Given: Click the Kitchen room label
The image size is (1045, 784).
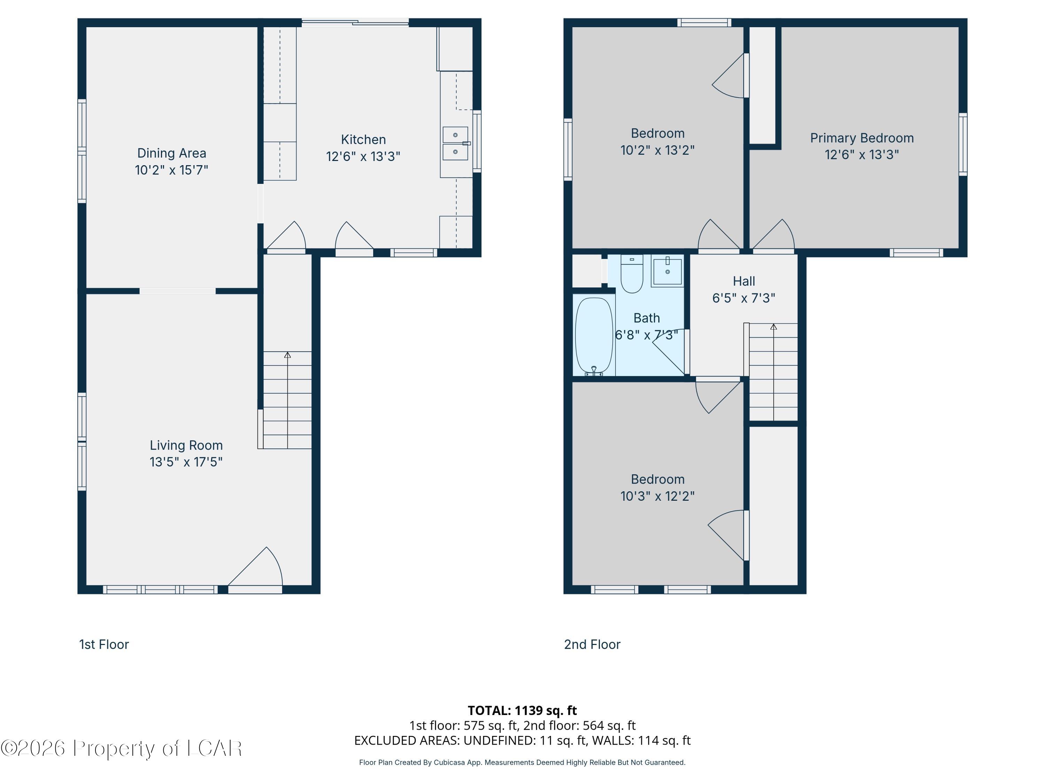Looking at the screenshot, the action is point(363,140).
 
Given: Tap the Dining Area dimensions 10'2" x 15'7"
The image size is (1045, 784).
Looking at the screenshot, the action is point(171,170).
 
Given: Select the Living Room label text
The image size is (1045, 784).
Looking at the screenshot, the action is point(186,445).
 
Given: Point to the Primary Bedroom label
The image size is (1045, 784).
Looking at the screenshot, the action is point(862,138).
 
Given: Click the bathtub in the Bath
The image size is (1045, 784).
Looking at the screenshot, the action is point(594,336).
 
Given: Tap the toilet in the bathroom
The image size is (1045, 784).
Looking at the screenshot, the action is point(632,274).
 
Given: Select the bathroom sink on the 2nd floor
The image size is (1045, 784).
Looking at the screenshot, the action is point(667,270).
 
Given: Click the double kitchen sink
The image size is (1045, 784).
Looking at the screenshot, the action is point(455,143).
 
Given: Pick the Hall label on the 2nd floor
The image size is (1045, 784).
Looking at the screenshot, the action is point(744,281).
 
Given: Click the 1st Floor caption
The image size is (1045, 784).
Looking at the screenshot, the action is point(104,645).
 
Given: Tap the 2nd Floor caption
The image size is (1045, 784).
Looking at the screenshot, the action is point(592,645).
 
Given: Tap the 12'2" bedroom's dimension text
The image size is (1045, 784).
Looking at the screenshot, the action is point(657,496).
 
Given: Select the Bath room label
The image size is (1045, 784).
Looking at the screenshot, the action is point(646,318).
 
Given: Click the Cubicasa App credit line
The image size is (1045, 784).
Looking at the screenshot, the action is point(522,762).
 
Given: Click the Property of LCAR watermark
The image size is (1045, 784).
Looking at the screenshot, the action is point(121,748).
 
